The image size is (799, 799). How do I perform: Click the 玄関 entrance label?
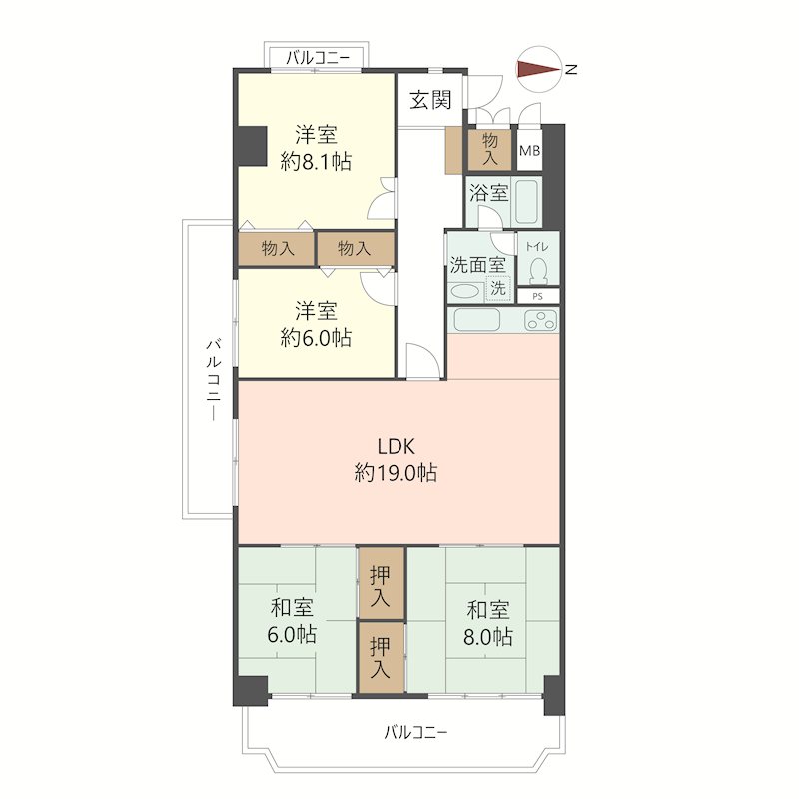point(430,100)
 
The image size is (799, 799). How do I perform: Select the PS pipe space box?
point(538,296)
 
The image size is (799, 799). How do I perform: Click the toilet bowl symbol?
point(538,270)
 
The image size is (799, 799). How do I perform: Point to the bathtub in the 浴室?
point(526,202)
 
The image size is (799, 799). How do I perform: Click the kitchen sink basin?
point(477,320)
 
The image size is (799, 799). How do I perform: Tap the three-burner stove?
point(540,320)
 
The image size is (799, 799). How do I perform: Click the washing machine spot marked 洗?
point(498,288)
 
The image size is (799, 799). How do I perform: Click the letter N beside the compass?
point(571,69)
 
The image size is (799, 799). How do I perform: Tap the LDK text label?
point(396,446)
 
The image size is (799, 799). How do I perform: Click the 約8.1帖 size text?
point(316,162)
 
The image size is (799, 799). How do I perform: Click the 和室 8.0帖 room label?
point(488,623)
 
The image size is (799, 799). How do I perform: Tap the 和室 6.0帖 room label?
point(292,621)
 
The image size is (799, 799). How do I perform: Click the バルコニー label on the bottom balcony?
point(415,733)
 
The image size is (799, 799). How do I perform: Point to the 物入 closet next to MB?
point(489,148)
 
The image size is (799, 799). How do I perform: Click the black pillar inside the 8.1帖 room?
point(251,146)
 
